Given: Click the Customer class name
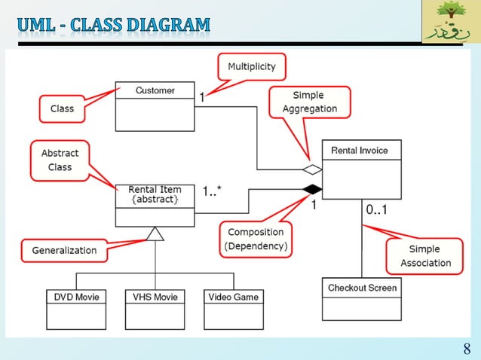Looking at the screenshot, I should click(x=155, y=90).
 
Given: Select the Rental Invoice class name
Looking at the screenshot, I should click(x=360, y=150).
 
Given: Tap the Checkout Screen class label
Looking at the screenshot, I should click(x=362, y=288).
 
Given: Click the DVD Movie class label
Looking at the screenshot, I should click(x=76, y=297).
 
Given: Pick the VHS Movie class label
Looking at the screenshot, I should click(x=155, y=297).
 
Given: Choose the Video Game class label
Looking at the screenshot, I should click(x=234, y=297).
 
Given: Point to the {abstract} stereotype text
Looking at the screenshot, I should click(x=155, y=200).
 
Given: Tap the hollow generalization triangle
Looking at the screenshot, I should click(x=155, y=233).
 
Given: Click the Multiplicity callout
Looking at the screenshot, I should click(x=252, y=67).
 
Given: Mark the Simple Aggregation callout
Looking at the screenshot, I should click(x=309, y=102).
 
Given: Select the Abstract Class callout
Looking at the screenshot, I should click(x=60, y=160).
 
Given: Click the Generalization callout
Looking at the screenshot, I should click(x=64, y=250).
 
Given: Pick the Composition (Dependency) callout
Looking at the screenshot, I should click(x=256, y=239).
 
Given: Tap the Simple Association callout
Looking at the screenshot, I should click(x=424, y=256).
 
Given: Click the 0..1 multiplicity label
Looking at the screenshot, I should click(x=377, y=211).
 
